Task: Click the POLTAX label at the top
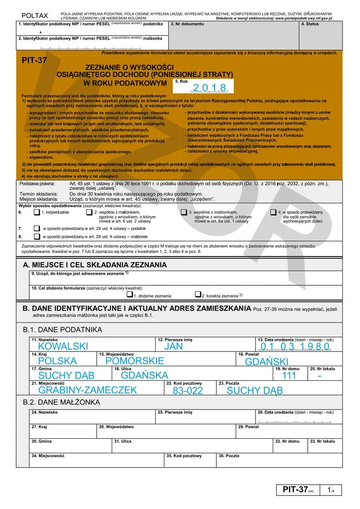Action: pos(35,16)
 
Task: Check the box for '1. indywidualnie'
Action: pos(36,212)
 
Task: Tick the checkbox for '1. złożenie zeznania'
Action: pos(130,295)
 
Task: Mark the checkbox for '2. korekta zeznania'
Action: pos(198,295)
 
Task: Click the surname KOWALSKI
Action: pos(63,346)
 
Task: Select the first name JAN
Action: pos(173,346)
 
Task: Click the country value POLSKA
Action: pos(58,360)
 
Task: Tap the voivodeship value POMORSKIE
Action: pos(135,360)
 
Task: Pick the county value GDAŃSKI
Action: pos(266,361)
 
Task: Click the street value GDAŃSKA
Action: pos(144,375)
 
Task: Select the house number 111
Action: pos(289,375)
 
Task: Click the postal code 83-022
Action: pos(188,390)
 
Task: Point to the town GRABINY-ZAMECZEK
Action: pos(87,390)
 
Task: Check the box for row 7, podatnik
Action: pos(36,229)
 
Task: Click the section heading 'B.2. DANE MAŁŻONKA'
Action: pos(62,402)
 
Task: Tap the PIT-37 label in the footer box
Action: pos(295,490)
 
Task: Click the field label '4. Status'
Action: pos(310,24)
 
